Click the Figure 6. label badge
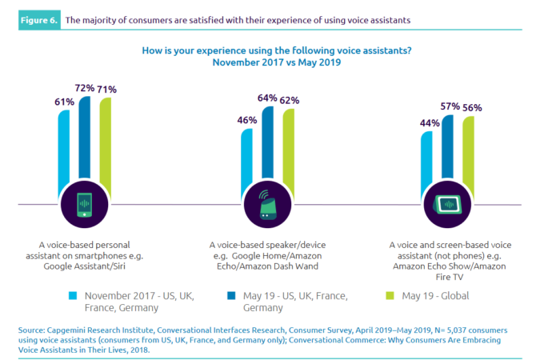coord(38,17)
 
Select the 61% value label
coord(65,102)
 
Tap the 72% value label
coord(86,86)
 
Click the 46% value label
coord(247,120)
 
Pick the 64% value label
coord(267,98)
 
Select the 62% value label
coord(289,102)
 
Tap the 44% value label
coord(430,123)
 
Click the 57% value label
coord(450,106)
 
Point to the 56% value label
coord(471,108)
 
